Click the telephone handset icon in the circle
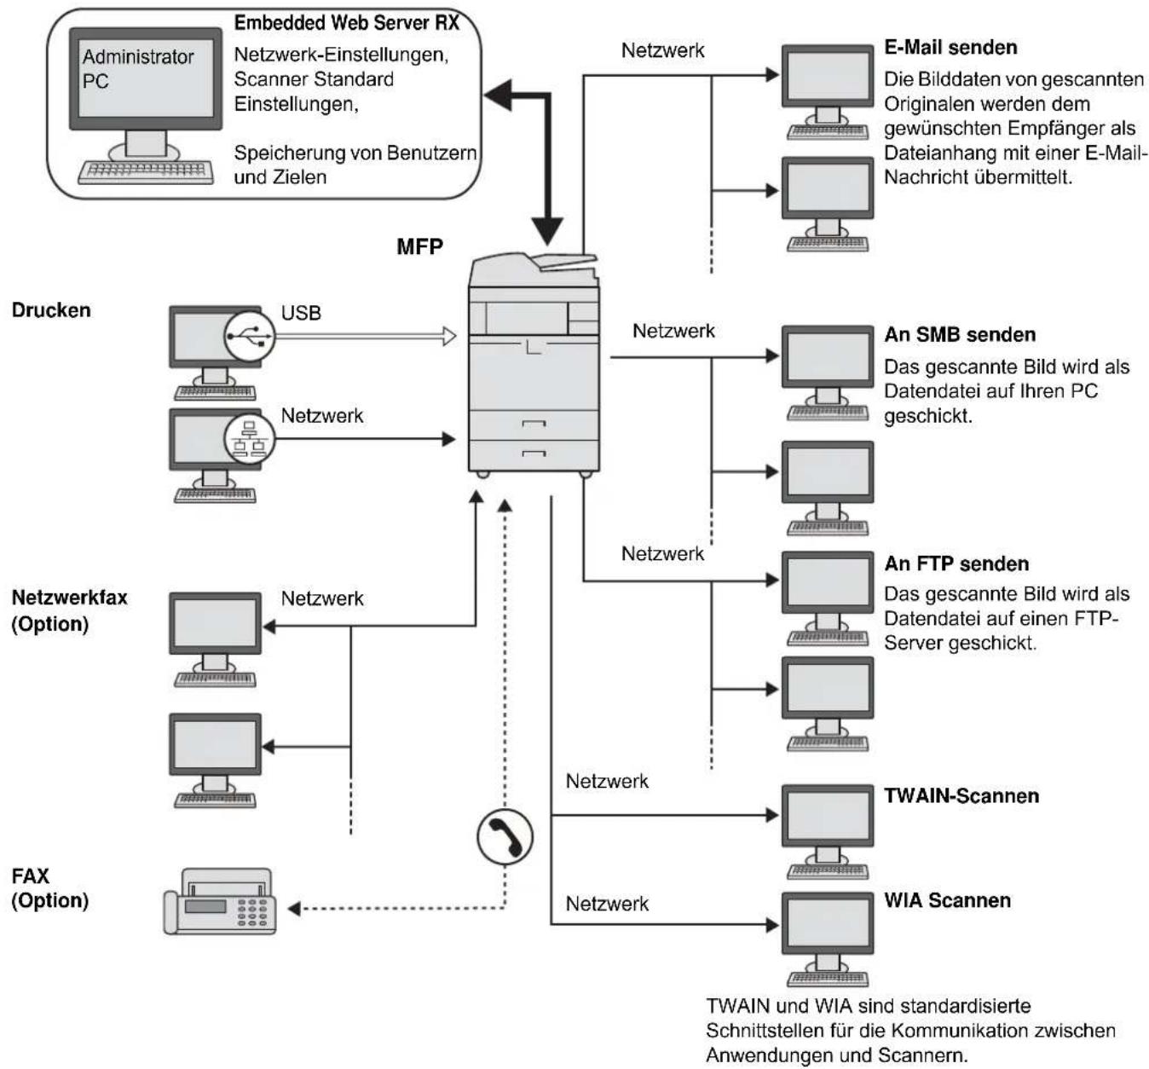click(x=505, y=837)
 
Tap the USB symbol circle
click(x=250, y=336)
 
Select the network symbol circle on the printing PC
click(x=250, y=438)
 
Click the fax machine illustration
click(x=220, y=900)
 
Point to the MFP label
click(x=419, y=247)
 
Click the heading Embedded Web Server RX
click(x=346, y=23)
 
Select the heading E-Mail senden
click(x=950, y=48)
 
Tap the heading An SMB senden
click(x=960, y=334)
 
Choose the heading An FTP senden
click(x=956, y=563)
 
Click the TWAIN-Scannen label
click(x=961, y=796)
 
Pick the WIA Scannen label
click(x=948, y=900)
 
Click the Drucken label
click(x=51, y=310)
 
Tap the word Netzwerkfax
click(x=69, y=598)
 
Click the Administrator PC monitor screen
click(x=146, y=78)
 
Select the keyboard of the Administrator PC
click(x=146, y=172)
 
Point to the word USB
click(x=301, y=313)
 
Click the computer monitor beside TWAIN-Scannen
click(x=828, y=815)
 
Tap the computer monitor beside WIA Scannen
click(x=828, y=922)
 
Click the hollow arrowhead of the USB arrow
click(x=449, y=336)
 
